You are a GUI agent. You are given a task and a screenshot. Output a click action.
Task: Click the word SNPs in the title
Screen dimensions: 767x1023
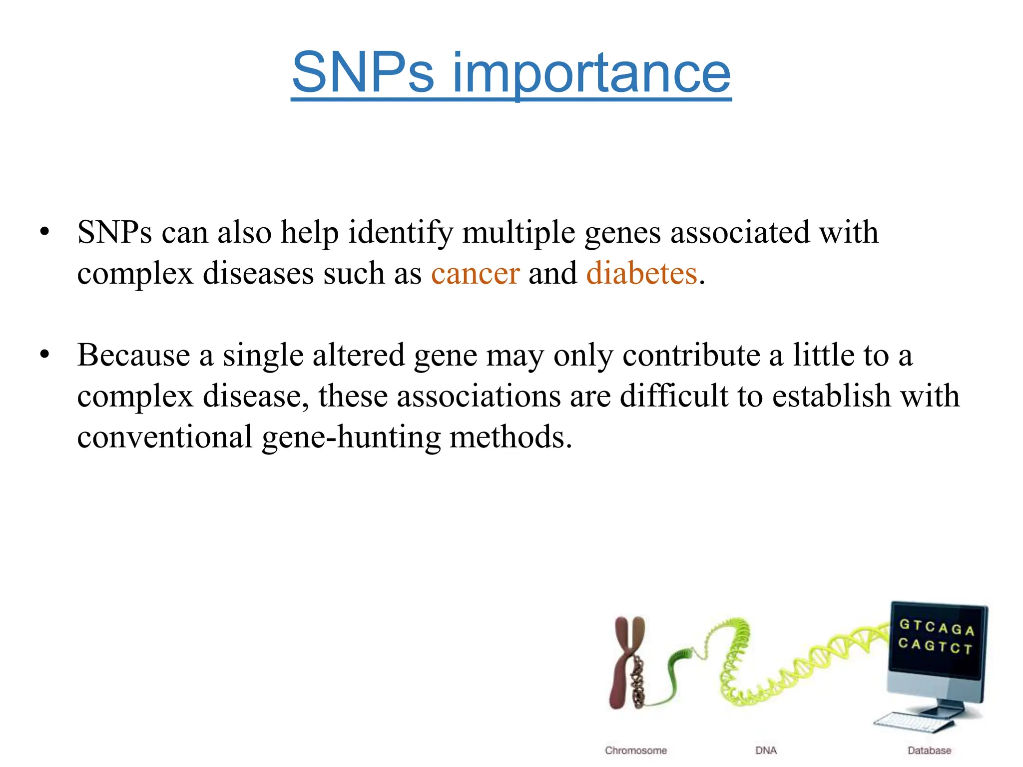click(x=363, y=73)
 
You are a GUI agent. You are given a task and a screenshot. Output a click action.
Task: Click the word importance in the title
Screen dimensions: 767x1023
click(x=591, y=73)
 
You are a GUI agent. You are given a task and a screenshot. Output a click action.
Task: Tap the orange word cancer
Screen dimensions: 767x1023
click(x=475, y=274)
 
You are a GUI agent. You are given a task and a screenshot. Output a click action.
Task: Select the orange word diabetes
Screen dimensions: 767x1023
click(x=641, y=274)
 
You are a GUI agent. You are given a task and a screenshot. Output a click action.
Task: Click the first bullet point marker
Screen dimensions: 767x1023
click(x=45, y=232)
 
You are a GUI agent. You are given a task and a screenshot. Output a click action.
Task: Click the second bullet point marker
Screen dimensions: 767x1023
click(x=45, y=355)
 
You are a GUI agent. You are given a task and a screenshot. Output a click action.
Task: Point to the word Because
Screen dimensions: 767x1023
click(x=133, y=356)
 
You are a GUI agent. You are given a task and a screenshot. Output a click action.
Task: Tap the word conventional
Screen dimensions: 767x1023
click(x=165, y=437)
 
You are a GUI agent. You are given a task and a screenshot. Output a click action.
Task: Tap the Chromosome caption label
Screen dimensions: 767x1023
click(x=635, y=751)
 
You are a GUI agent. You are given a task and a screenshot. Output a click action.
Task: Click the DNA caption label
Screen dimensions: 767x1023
click(x=766, y=751)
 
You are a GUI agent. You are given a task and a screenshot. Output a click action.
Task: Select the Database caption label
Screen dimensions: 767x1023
click(x=929, y=751)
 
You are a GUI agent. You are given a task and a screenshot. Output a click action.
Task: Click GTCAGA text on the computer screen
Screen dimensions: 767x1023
click(x=936, y=627)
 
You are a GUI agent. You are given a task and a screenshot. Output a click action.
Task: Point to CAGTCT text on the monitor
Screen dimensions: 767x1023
click(x=935, y=646)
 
